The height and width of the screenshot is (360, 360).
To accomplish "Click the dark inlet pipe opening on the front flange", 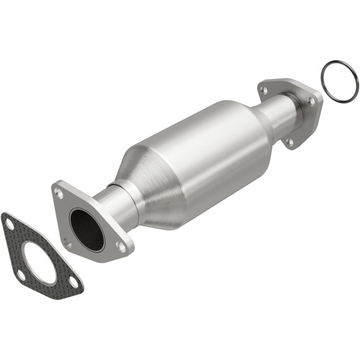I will click(87, 229).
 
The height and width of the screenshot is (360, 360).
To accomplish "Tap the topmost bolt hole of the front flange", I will click(59, 194).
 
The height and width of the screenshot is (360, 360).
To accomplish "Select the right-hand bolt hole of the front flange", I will click(122, 246).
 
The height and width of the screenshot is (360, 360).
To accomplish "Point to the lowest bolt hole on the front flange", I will click(67, 243).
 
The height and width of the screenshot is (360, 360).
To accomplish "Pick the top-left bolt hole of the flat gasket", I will click(9, 225).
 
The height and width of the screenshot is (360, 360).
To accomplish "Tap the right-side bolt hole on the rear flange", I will click(311, 101).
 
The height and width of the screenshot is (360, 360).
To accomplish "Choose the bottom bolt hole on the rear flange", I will click(289, 142).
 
